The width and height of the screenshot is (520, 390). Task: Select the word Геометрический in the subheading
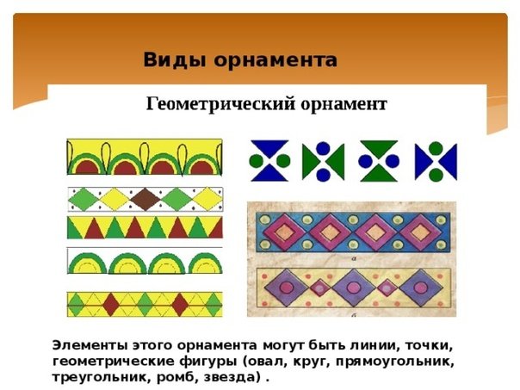tap(220, 104)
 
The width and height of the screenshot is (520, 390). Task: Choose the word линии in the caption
tap(374, 345)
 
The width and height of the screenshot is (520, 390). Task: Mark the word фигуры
tap(209, 362)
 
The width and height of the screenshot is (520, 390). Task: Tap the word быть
tap(327, 345)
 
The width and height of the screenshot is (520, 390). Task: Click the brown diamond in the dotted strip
tap(145, 200)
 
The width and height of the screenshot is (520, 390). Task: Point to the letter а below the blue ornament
tap(354, 259)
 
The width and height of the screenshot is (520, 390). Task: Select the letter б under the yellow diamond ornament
tap(354, 315)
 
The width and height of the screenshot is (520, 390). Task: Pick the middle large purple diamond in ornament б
tap(354, 288)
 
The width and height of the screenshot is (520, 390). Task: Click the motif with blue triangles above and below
tap(269, 161)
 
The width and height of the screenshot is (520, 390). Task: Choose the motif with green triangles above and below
tap(379, 161)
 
